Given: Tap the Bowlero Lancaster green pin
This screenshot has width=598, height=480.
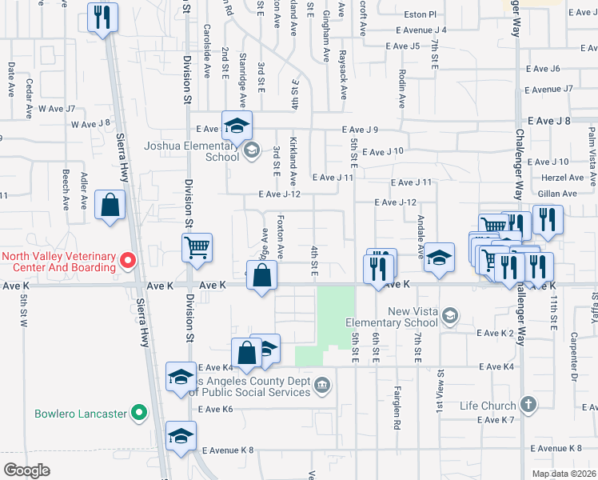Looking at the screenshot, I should pos(139,414).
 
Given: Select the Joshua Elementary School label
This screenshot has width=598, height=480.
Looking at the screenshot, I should pos(191,151).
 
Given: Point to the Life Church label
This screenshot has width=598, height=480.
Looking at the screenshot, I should pos(486,406).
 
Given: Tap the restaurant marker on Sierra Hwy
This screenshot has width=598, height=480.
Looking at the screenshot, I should pos(102,18).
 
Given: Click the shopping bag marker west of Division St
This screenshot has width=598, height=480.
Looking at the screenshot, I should pos(110,206).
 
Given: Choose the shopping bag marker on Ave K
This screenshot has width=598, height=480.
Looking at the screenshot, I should pos(261,278).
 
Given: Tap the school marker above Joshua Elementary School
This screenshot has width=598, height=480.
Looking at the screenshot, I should pos(237,126).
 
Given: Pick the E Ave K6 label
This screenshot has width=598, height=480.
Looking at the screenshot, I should pos(215,409).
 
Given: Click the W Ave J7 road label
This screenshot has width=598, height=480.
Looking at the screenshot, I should pos(56,109).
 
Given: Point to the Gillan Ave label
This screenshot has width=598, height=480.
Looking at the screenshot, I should pos(557,194).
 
